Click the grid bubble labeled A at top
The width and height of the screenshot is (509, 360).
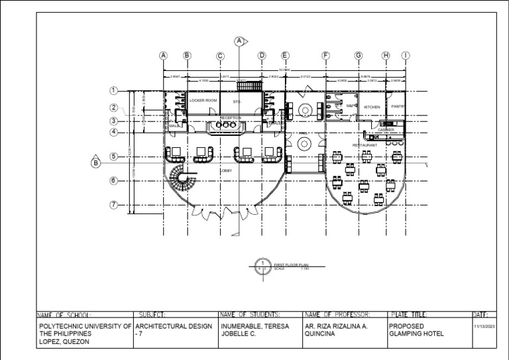tap(163, 56)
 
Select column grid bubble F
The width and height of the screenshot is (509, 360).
tap(325, 56)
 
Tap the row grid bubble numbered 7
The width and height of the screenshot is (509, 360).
tap(113, 205)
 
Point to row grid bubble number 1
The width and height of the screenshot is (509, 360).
tap(113, 91)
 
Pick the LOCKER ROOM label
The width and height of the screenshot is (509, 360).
tap(203, 101)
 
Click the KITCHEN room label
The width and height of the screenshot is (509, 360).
tap(372, 107)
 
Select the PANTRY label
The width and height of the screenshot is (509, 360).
tap(398, 106)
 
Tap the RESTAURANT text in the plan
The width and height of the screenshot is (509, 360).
tap(365, 145)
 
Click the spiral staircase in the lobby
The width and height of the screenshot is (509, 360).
tap(182, 180)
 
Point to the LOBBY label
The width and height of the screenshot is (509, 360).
tap(226, 170)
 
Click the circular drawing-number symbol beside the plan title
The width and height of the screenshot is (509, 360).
tap(263, 267)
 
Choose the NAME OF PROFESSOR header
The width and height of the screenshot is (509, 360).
tap(336, 315)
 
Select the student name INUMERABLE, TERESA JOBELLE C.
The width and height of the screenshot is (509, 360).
tap(254, 330)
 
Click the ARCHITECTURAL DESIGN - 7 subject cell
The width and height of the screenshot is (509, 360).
tap(174, 330)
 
